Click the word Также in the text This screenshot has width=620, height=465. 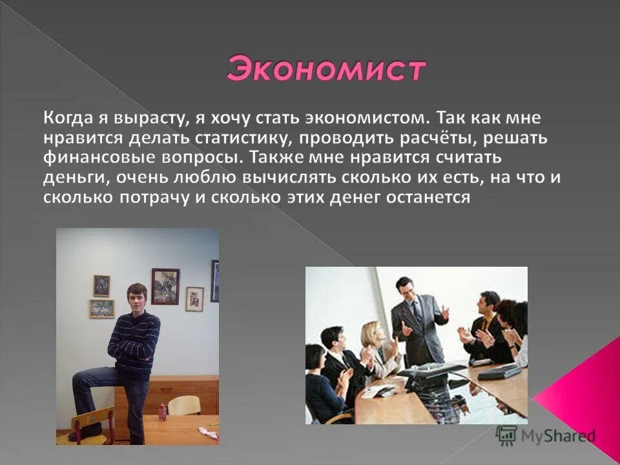click(274, 159)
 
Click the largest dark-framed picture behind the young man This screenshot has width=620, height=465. click(165, 286)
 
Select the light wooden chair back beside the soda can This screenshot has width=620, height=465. click(184, 405)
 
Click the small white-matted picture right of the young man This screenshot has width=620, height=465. click(194, 299)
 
